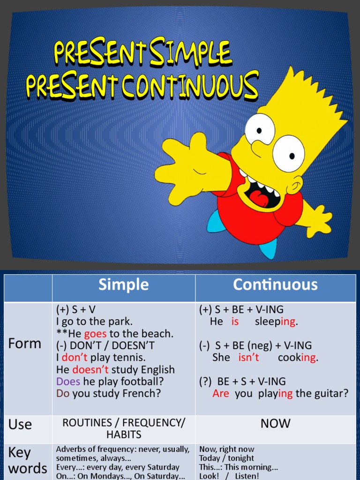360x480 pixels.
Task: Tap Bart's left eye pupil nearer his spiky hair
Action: pos(292,156)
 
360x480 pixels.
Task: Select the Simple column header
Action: pos(123,285)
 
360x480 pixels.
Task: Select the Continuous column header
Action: pos(275,285)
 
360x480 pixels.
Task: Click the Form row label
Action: pos(25,344)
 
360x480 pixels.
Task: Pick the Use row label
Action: pos(20,424)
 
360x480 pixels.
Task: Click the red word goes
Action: pos(95,334)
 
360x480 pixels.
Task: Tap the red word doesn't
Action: pos(90,370)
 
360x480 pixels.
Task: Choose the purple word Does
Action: pos(68,382)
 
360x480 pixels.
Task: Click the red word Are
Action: pos(221,394)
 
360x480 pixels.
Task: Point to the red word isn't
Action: pos(248,358)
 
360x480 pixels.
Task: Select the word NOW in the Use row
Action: pos(275,424)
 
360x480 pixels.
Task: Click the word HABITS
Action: pos(123,434)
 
